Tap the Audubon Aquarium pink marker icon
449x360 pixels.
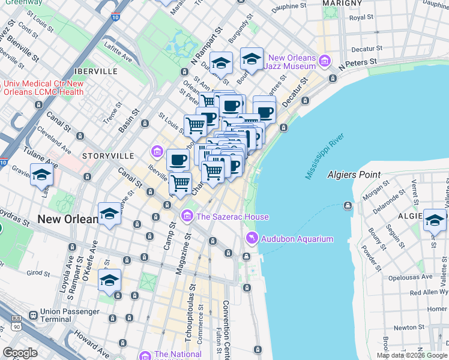click(251, 239)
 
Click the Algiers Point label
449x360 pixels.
click(354, 175)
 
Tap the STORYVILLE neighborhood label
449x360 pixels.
click(108, 155)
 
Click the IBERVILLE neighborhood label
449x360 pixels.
click(96, 71)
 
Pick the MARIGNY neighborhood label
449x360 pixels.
click(342, 3)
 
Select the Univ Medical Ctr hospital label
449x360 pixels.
click(43, 88)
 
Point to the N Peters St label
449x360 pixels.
click(357, 62)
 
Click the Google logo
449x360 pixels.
click(20, 353)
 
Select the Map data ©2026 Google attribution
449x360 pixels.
click(412, 355)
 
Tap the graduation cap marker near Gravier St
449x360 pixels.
click(41, 175)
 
